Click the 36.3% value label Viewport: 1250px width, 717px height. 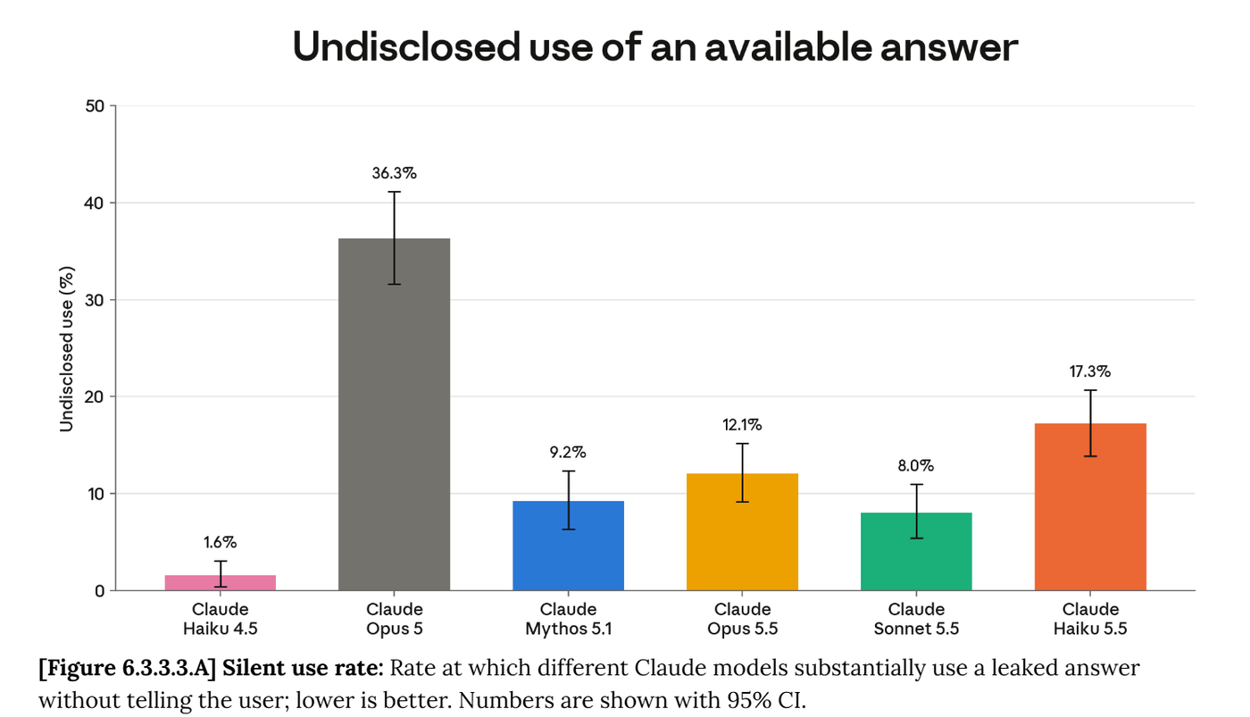pos(395,173)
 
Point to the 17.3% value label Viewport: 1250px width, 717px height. pos(1090,371)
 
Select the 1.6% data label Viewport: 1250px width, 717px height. pos(221,542)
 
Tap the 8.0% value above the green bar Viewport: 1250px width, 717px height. pos(916,466)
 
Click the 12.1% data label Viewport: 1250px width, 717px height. pos(742,425)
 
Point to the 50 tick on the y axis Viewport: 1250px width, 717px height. pos(95,106)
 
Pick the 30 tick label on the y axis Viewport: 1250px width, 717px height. pos(95,300)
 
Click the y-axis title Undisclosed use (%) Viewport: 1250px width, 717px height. pos(66,349)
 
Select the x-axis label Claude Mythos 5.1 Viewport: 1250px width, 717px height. pos(569,619)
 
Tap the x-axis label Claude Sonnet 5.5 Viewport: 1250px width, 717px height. pos(916,619)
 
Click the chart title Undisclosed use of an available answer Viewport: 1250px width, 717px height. pos(655,46)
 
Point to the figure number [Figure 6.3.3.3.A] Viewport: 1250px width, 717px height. pos(127,668)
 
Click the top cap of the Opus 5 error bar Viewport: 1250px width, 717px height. pos(395,192)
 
